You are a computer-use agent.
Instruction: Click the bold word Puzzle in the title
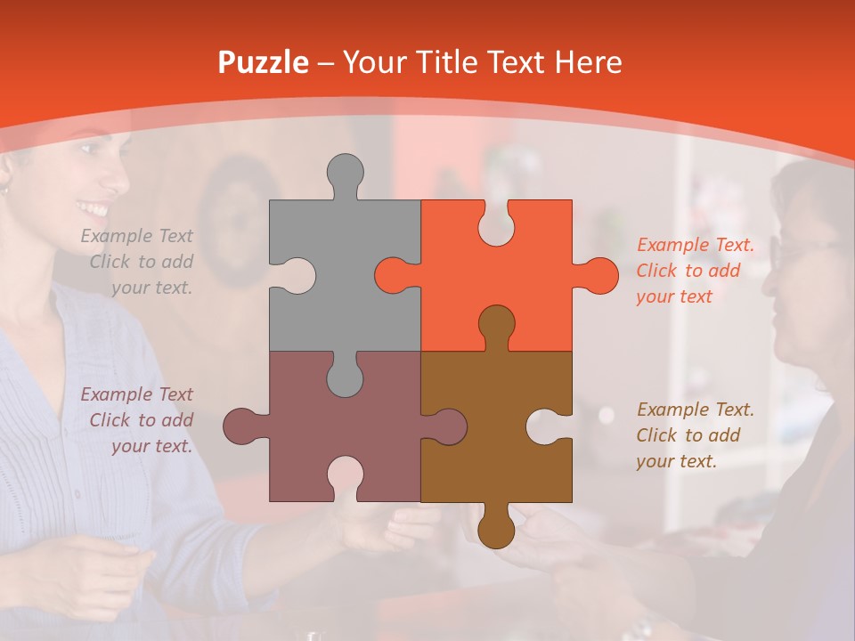[x=264, y=62]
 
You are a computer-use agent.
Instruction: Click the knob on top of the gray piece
[x=345, y=172]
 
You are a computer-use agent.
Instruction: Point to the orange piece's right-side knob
[x=599, y=275]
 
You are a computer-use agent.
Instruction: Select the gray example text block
[x=139, y=262]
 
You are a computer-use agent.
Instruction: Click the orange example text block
[x=695, y=271]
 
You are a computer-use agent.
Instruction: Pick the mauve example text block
[x=139, y=420]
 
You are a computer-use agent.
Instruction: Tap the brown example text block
[x=695, y=435]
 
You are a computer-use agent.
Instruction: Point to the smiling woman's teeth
[x=92, y=210]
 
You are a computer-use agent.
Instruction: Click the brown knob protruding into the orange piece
[x=496, y=323]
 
